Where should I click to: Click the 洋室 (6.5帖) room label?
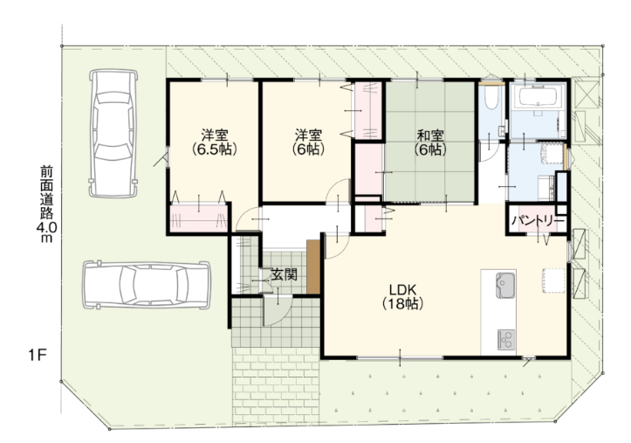click(213, 142)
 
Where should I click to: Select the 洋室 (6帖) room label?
click(308, 142)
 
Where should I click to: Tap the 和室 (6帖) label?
click(430, 142)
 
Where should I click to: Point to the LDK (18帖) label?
click(402, 297)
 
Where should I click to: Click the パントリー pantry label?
click(538, 222)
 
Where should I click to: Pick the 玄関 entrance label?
click(285, 274)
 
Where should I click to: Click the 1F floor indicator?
click(38, 356)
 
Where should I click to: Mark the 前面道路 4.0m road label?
click(46, 204)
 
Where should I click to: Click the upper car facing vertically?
click(113, 134)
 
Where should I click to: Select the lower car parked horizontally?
click(147, 285)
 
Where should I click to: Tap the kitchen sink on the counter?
click(505, 286)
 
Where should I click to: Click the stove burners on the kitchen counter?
click(506, 339)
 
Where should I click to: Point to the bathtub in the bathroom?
click(538, 96)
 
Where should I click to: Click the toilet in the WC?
click(490, 98)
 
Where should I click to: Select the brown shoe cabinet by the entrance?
click(313, 266)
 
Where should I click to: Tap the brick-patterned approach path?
click(276, 385)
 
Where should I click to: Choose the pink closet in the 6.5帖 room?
click(199, 218)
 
